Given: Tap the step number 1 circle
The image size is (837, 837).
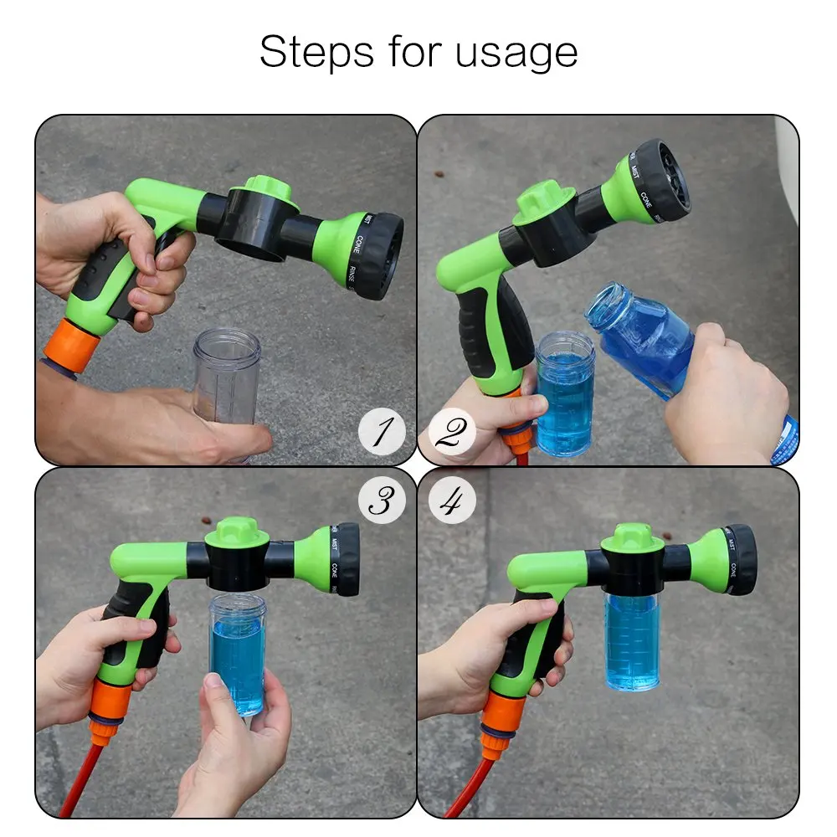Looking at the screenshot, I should click(382, 434).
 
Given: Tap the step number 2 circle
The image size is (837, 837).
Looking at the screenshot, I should click(452, 434).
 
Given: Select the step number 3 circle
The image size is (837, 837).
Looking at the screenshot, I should click(382, 501).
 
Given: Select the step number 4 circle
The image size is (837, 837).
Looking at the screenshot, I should click(452, 501).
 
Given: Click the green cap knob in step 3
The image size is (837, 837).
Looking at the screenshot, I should click(238, 531).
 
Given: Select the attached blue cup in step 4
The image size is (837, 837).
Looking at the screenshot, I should click(632, 640).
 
